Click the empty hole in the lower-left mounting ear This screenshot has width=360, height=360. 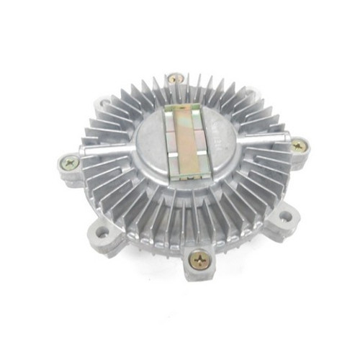pos(102,232)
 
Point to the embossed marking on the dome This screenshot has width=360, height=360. pos(216,130)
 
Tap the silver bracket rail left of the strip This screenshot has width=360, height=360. pos(164,140)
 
